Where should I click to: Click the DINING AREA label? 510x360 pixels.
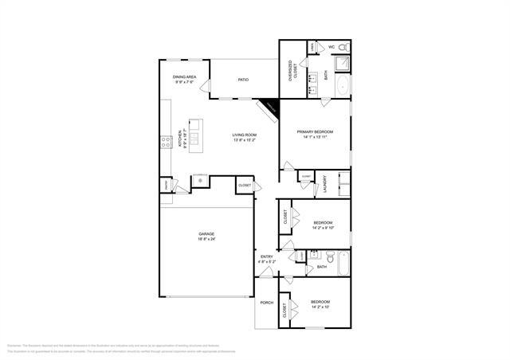coord(185,76)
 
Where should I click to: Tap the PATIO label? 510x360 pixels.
coord(245,80)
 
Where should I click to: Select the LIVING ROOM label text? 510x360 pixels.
coord(245,135)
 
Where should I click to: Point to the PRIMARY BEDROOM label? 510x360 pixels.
coord(315,131)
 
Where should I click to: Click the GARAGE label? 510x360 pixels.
coord(206,234)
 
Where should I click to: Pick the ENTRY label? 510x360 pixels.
coord(266,256)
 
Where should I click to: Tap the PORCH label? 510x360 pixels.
coord(266,303)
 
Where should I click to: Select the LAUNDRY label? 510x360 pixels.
coord(325,185)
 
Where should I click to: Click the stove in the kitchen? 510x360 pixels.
coord(167,143)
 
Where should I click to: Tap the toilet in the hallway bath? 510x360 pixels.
coord(327,256)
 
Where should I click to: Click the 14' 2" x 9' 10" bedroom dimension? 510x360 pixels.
coord(322,226)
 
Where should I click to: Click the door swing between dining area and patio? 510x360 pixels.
coord(205,87)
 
